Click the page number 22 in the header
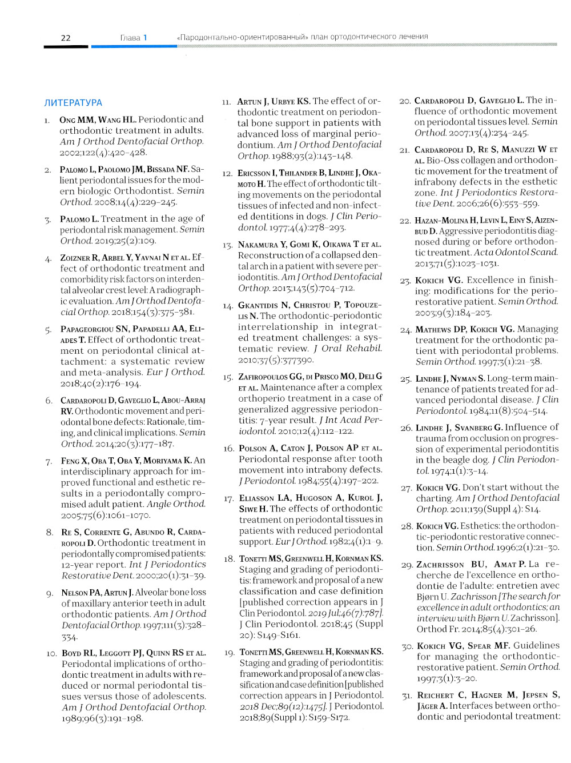coord(66,38)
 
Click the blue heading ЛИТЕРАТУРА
coord(73,103)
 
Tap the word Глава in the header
coord(130,38)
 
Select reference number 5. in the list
coord(49,330)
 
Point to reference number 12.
coord(227,173)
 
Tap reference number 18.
coord(229,559)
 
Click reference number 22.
coord(405,221)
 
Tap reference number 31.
coord(407,696)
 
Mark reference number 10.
coord(51,653)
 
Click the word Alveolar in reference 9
coord(153,592)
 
